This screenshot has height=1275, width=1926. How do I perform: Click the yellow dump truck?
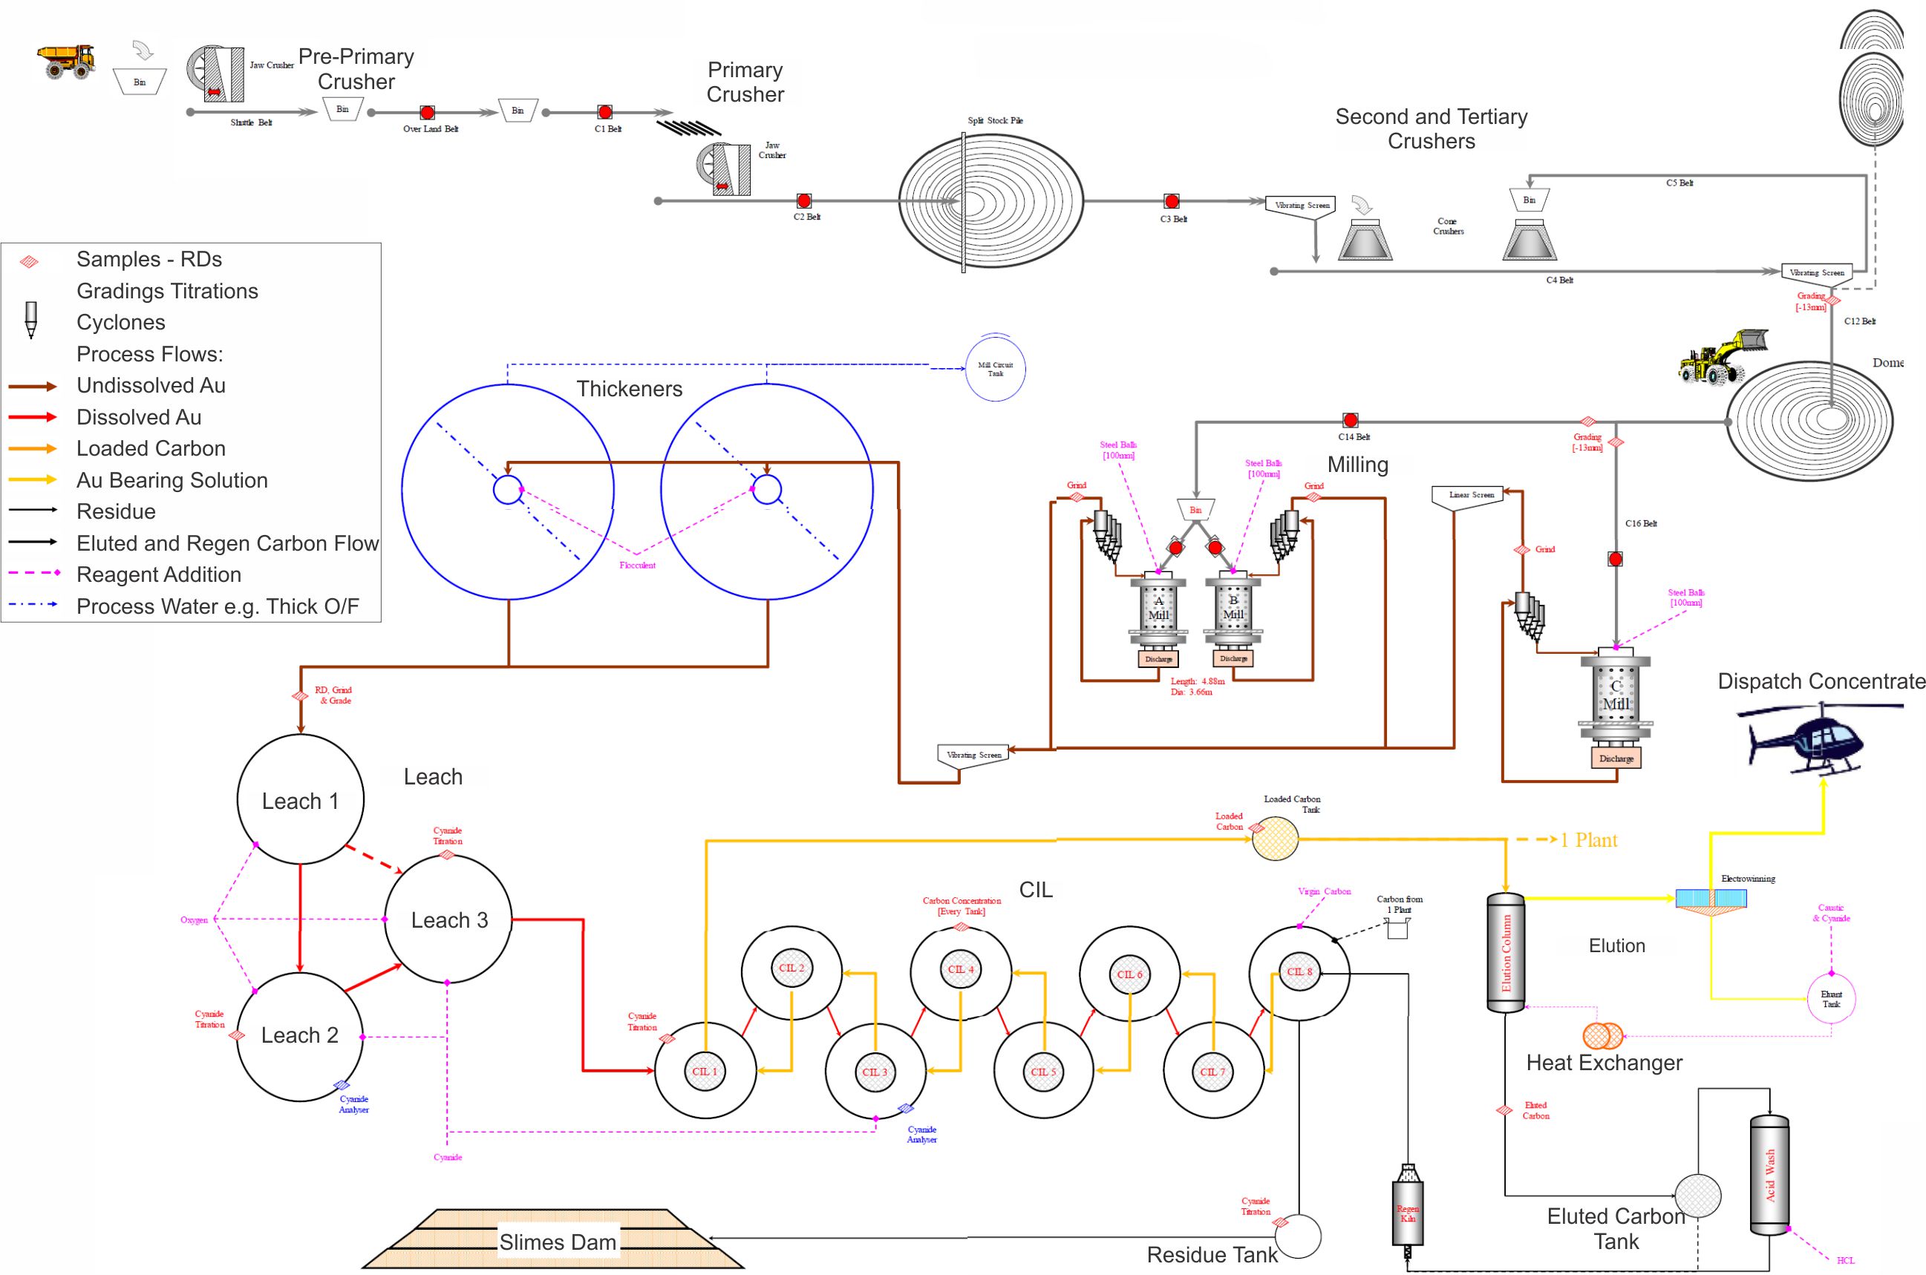point(67,61)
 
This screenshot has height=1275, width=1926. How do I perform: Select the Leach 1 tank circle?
point(300,799)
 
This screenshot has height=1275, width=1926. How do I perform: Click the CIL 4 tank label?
point(961,969)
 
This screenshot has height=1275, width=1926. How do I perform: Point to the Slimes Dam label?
point(558,1242)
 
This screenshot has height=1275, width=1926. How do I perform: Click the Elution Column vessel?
point(1506,953)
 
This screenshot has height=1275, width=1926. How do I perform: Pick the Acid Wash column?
point(1769,1175)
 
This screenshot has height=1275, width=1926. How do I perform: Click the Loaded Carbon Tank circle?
point(1275,839)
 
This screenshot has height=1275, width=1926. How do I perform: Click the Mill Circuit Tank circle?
point(995,369)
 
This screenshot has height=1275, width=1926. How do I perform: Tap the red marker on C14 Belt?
point(1350,420)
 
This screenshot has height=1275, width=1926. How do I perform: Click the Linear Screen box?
point(1472,495)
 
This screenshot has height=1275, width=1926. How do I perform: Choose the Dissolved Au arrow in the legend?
point(33,417)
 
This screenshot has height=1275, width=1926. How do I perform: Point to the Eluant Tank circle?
point(1831,998)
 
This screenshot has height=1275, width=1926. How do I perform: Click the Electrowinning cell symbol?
point(1711,899)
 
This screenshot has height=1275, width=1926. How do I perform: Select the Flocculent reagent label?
point(637,565)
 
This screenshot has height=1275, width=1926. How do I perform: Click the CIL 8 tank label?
point(1299,971)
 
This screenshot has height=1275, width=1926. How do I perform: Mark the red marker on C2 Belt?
point(803,201)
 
